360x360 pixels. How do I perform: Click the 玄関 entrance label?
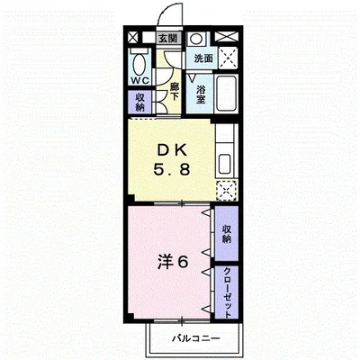point(168,38)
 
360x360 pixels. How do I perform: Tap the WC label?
point(139,80)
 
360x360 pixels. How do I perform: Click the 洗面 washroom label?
point(203,58)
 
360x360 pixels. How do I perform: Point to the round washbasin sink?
point(196,39)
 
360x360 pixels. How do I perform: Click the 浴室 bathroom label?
point(201,94)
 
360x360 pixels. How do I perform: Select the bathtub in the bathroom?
point(227,94)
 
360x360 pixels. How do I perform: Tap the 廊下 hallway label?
point(175,92)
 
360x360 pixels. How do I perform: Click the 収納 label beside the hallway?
point(139,102)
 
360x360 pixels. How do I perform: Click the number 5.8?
point(172,170)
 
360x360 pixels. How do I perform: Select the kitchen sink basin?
point(225,164)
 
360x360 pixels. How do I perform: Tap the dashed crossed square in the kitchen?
point(227,190)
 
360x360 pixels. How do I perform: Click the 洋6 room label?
point(173,263)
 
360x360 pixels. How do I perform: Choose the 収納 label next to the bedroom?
point(227,234)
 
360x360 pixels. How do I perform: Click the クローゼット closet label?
point(227,292)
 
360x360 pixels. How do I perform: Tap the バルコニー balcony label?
point(196,338)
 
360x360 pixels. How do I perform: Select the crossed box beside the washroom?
point(228,58)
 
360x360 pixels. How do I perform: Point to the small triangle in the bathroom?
point(192,78)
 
